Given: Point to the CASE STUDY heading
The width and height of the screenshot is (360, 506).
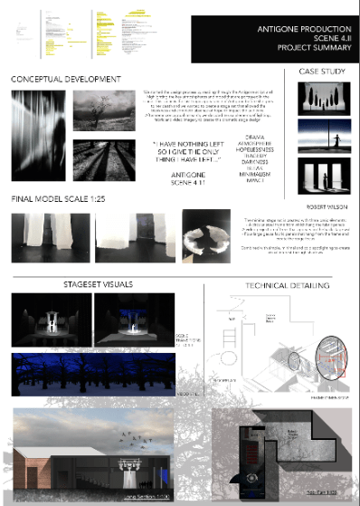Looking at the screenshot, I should tap(316, 71).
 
